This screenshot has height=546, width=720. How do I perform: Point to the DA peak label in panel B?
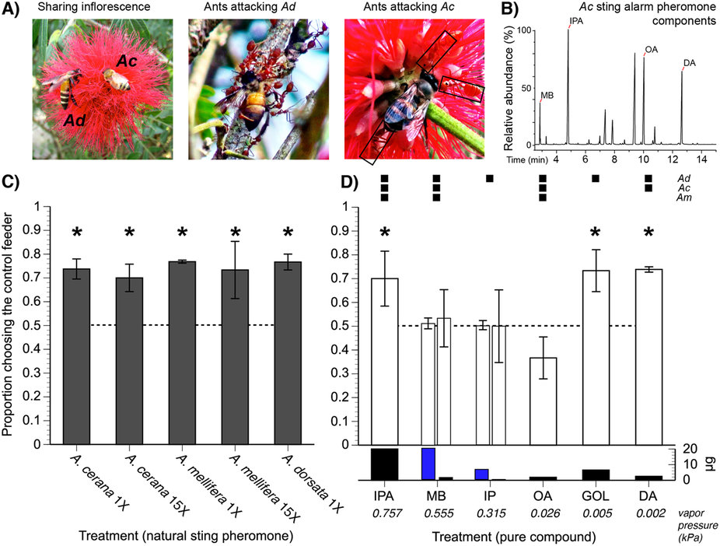click(x=690, y=63)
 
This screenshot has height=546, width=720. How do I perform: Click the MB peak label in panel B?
click(x=547, y=96)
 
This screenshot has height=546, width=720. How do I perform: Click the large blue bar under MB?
click(x=428, y=464)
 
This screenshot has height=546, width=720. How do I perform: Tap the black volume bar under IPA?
click(x=384, y=464)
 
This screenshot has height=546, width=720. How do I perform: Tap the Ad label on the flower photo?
click(x=75, y=121)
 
